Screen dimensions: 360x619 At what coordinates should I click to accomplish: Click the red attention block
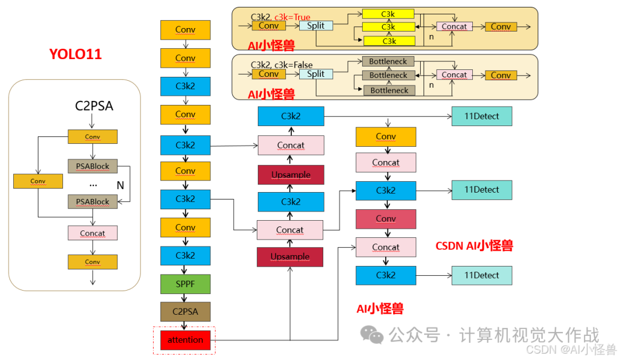coord(185,340)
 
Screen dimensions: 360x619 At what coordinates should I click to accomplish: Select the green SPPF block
coord(185,284)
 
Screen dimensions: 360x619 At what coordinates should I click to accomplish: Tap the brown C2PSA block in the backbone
coord(185,311)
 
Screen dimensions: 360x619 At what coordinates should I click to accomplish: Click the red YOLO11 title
coord(75,54)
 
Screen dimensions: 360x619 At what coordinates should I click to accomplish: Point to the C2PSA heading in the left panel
coord(93,105)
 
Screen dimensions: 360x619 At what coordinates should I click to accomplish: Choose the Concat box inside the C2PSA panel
coord(92,233)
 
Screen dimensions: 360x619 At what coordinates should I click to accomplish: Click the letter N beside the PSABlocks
coord(120,185)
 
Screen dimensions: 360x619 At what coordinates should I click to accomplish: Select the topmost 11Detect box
coord(481,116)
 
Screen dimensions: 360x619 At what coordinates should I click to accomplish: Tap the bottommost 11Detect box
coord(481,275)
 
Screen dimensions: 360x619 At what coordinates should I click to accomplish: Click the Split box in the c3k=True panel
coord(315,26)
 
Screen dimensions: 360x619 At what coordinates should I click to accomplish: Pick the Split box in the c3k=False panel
coord(315,74)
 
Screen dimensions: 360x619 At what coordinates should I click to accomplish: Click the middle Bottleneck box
coord(388,75)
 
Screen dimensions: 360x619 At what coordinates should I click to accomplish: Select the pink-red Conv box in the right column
coord(386,219)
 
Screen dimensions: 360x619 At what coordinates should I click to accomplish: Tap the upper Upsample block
coord(291,175)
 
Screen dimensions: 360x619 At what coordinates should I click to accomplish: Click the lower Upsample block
coord(290,257)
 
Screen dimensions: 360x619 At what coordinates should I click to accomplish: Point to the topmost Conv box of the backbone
coord(185,30)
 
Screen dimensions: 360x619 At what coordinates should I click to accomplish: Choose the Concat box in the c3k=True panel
coord(455,26)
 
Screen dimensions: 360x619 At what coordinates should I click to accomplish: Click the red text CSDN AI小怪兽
coord(474,246)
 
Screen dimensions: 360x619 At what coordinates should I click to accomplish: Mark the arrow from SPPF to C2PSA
coord(185,298)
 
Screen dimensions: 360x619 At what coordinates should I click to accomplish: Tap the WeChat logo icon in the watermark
coord(375,335)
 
